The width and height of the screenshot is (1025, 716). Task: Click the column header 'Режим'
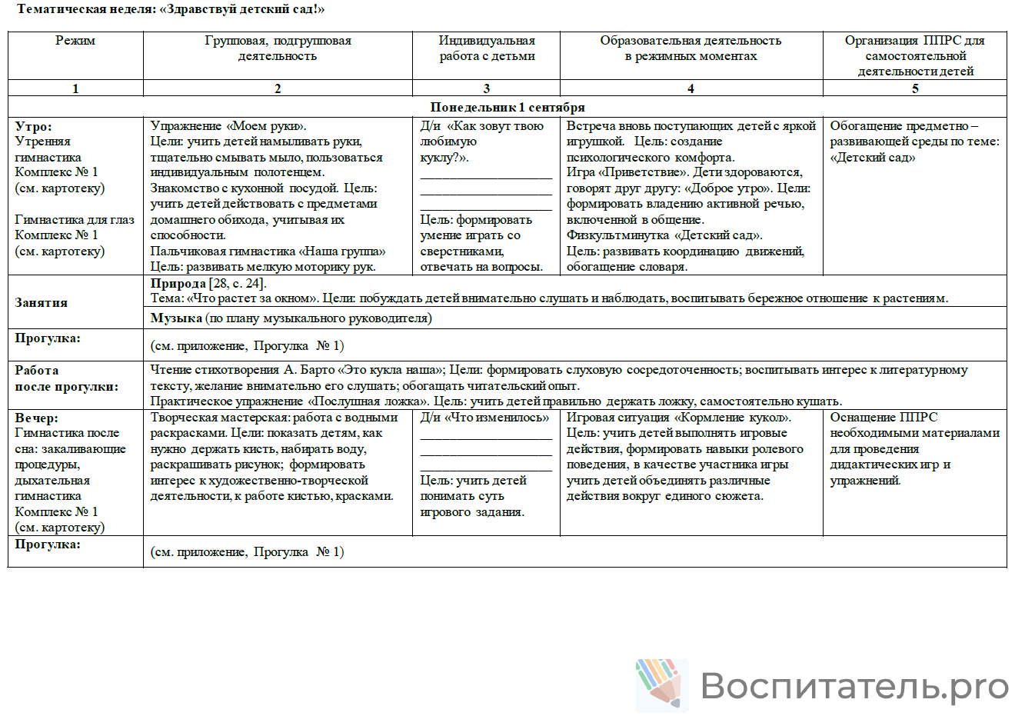pyautogui.click(x=75, y=41)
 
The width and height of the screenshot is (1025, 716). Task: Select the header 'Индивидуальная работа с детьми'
pyautogui.click(x=487, y=48)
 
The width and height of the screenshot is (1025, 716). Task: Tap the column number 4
pyautogui.click(x=691, y=88)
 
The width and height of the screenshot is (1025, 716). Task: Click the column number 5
pyautogui.click(x=915, y=88)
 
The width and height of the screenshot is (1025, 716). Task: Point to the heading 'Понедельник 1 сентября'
pyautogui.click(x=508, y=108)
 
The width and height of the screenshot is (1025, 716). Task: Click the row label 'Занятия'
pyautogui.click(x=42, y=303)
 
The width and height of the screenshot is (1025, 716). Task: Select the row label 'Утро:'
pyautogui.click(x=34, y=126)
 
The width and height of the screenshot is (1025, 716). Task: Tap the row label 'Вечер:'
pyautogui.click(x=37, y=418)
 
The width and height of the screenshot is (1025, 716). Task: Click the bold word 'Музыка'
pyautogui.click(x=176, y=318)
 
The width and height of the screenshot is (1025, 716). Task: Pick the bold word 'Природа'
pyautogui.click(x=178, y=283)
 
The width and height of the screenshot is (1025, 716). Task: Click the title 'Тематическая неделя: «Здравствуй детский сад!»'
pyautogui.click(x=171, y=9)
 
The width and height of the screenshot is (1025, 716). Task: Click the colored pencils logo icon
pyautogui.click(x=659, y=683)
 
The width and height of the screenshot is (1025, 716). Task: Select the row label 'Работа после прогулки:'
pyautogui.click(x=67, y=378)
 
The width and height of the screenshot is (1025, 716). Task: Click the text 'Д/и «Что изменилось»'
pyautogui.click(x=484, y=418)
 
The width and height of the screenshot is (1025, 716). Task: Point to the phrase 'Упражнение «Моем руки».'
pyautogui.click(x=228, y=126)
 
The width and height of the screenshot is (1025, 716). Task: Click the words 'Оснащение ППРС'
pyautogui.click(x=884, y=418)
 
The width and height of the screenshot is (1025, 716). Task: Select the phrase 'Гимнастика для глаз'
pyautogui.click(x=75, y=220)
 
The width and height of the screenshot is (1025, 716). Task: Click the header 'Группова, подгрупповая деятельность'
pyautogui.click(x=278, y=48)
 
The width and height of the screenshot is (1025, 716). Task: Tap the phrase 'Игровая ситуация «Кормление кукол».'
pyautogui.click(x=679, y=418)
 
